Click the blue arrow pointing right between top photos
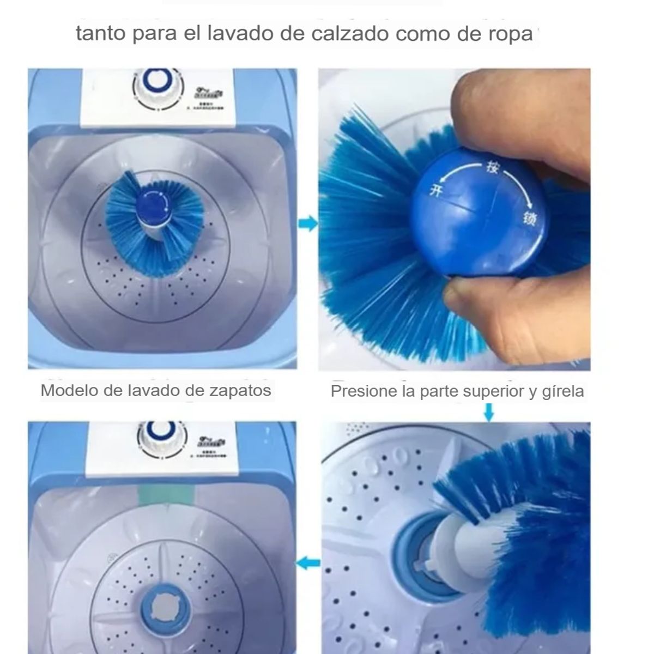coord(308,223)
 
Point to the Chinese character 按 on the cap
coord(491,168)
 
